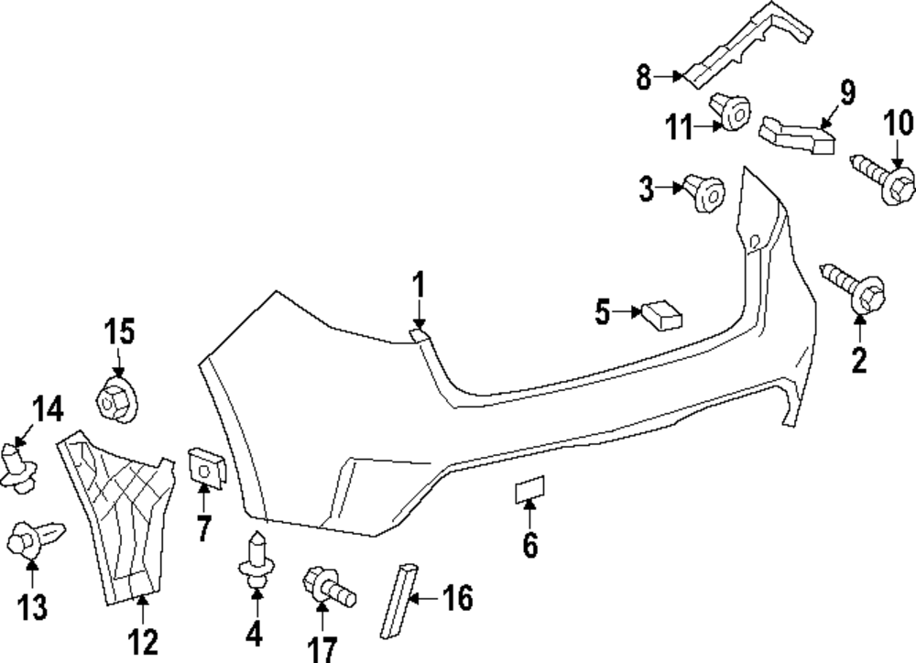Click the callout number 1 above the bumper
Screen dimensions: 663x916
click(418, 287)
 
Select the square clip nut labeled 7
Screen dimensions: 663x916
click(203, 466)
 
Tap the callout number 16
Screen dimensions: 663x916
click(457, 599)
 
